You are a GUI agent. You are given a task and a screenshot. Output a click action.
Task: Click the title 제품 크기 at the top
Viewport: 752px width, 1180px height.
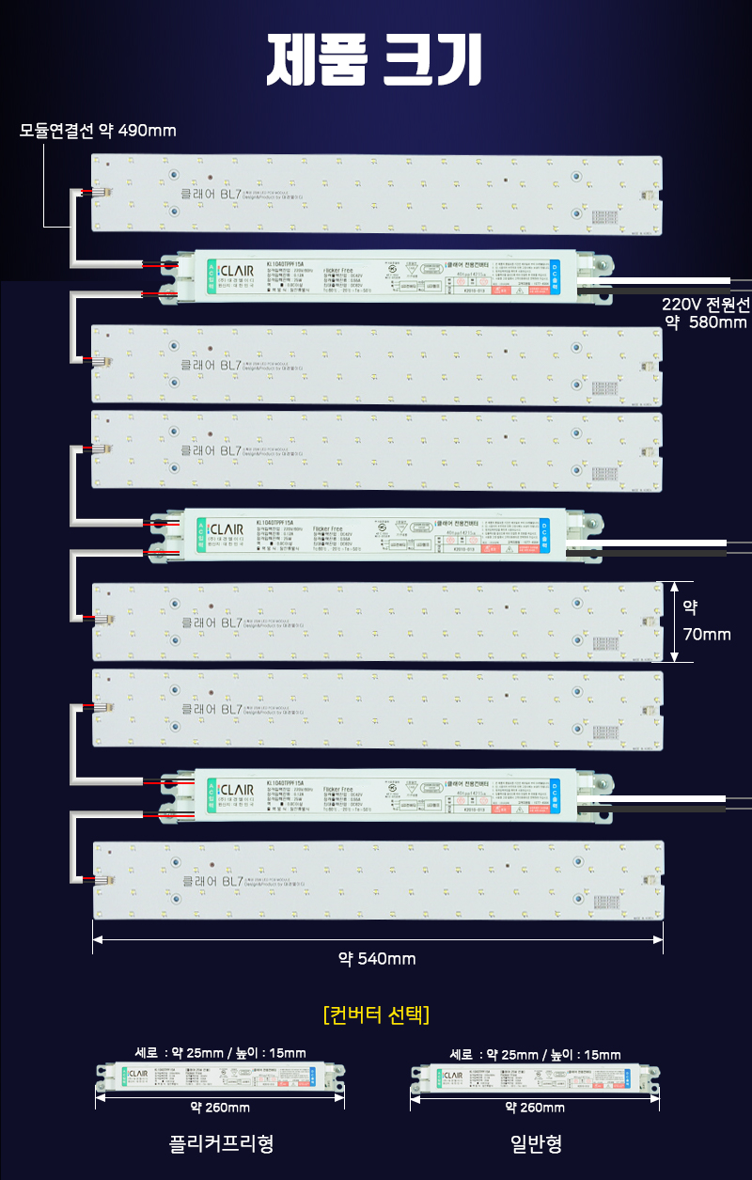pyautogui.click(x=376, y=61)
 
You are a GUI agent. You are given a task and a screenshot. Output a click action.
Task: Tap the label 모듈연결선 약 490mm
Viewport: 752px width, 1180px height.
pyautogui.click(x=99, y=130)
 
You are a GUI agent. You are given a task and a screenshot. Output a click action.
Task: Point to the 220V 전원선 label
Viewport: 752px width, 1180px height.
pyautogui.click(x=705, y=304)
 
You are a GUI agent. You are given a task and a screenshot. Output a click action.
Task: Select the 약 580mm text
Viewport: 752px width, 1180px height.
pyautogui.click(x=706, y=323)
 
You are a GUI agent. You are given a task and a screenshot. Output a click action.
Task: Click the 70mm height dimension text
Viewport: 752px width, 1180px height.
pyautogui.click(x=707, y=635)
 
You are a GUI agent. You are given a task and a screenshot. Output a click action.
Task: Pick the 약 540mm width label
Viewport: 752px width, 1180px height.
pyautogui.click(x=377, y=958)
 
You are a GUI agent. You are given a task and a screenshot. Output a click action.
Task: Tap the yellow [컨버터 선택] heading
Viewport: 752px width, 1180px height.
pyautogui.click(x=376, y=1015)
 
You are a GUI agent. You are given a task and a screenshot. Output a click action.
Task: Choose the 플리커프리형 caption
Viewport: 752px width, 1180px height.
pyautogui.click(x=221, y=1144)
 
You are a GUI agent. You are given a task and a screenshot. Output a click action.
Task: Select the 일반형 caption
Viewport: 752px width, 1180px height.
pyautogui.click(x=536, y=1144)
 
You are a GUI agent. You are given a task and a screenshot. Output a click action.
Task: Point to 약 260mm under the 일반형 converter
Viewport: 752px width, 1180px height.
pyautogui.click(x=535, y=1108)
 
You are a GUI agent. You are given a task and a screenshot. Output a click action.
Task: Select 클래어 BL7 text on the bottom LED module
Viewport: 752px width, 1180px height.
pyautogui.click(x=211, y=881)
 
